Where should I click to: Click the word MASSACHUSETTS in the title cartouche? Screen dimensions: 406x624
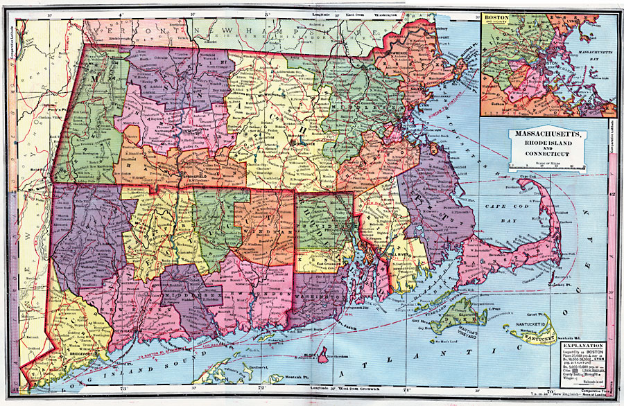(x=548, y=134)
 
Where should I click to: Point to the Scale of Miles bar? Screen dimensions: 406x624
(x=547, y=166)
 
